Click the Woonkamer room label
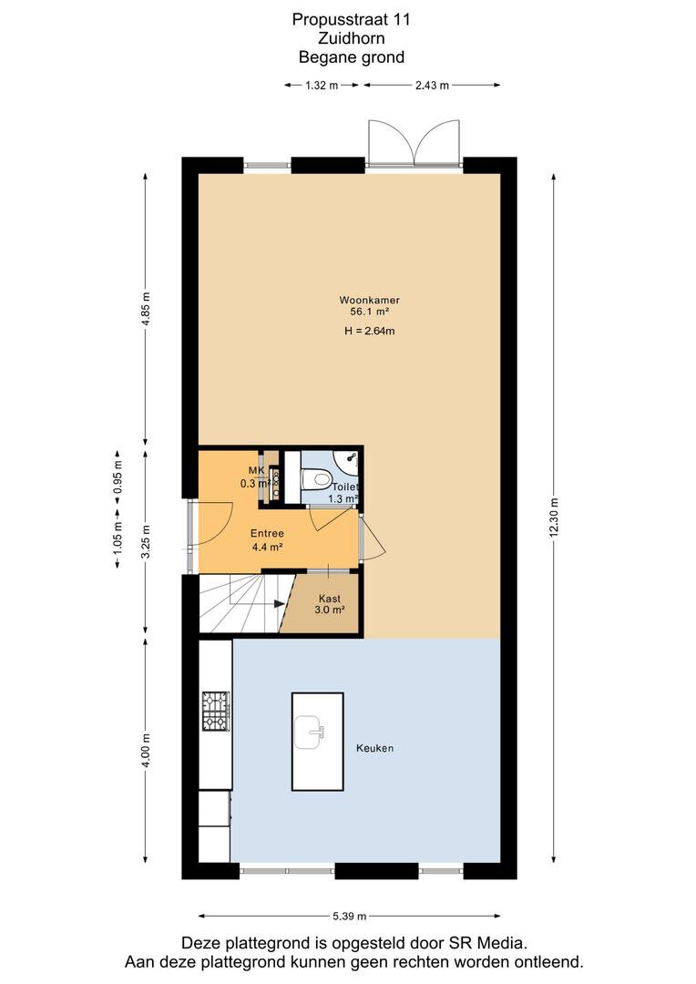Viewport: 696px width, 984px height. coord(369,300)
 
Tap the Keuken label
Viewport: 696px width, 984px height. coord(374,748)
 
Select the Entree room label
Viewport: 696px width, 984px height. coord(267,533)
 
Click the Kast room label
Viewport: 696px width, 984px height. coord(330,599)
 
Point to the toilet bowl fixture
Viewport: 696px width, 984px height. coord(317,480)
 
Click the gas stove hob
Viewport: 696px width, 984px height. coord(216,711)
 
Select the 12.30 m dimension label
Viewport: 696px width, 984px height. coord(554,518)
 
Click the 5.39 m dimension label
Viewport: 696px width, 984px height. coord(350,917)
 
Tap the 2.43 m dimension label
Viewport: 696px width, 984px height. coord(432,86)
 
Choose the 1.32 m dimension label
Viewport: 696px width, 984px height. coord(322,86)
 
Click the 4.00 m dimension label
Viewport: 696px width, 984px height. coord(146,751)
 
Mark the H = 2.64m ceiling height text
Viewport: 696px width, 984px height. coord(370,331)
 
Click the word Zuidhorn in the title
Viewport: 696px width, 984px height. coord(352,38)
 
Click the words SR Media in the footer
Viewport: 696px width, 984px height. coord(486,943)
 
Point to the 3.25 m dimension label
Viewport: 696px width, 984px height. coord(146,541)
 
